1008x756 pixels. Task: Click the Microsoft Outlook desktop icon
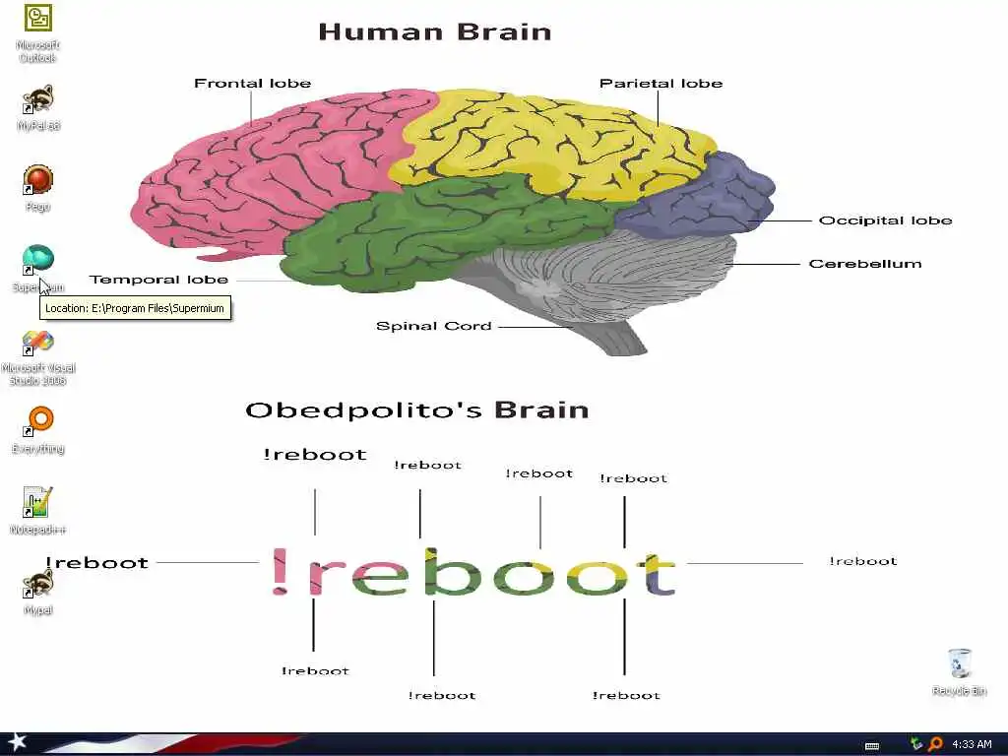[38, 20]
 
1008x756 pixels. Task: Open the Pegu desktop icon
[38, 182]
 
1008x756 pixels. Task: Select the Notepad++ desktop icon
[37, 503]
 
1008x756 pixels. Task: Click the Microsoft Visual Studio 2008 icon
[38, 344]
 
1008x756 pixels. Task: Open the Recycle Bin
[959, 663]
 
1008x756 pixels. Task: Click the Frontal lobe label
[252, 84]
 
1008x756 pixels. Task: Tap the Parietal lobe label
[661, 84]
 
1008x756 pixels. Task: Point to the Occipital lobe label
[885, 220]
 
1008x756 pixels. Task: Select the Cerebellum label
[865, 264]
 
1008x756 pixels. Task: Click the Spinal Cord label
[433, 326]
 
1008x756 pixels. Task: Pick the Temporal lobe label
[158, 280]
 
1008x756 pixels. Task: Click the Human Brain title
[434, 31]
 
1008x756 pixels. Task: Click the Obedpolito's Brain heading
[416, 409]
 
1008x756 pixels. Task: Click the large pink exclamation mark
[281, 574]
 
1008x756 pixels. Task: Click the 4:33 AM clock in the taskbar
[972, 744]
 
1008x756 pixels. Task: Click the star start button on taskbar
[17, 743]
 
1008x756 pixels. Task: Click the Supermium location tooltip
[135, 308]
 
